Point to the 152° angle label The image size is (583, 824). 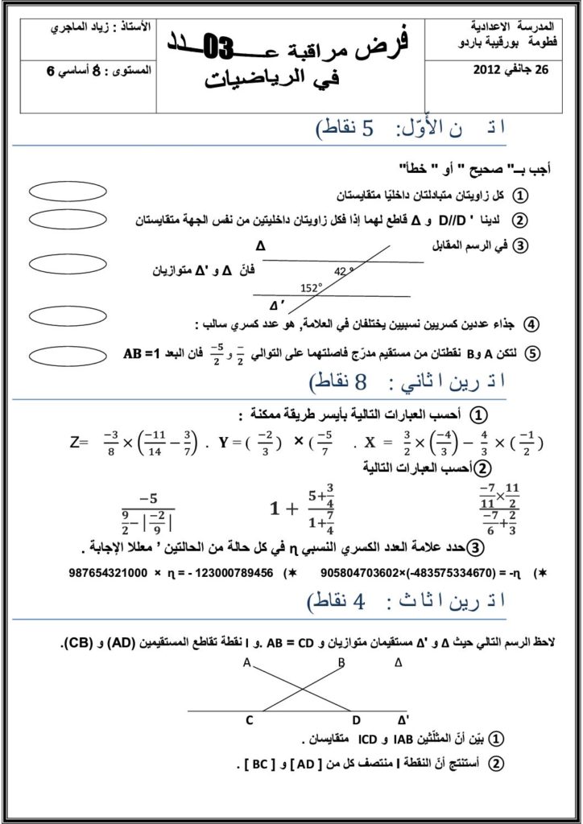(x=311, y=287)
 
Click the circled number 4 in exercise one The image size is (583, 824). (x=531, y=324)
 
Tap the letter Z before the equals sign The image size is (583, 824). (x=76, y=443)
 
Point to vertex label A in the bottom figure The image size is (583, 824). (x=247, y=663)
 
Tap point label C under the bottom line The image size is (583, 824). (x=250, y=721)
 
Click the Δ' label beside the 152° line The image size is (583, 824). (x=277, y=305)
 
